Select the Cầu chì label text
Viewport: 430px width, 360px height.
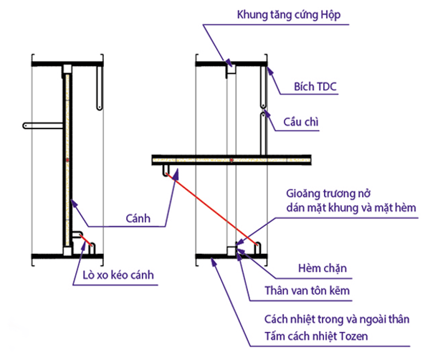(301, 123)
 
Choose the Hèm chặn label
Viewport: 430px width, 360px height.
(322, 269)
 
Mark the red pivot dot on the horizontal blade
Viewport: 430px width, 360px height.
(231, 159)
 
